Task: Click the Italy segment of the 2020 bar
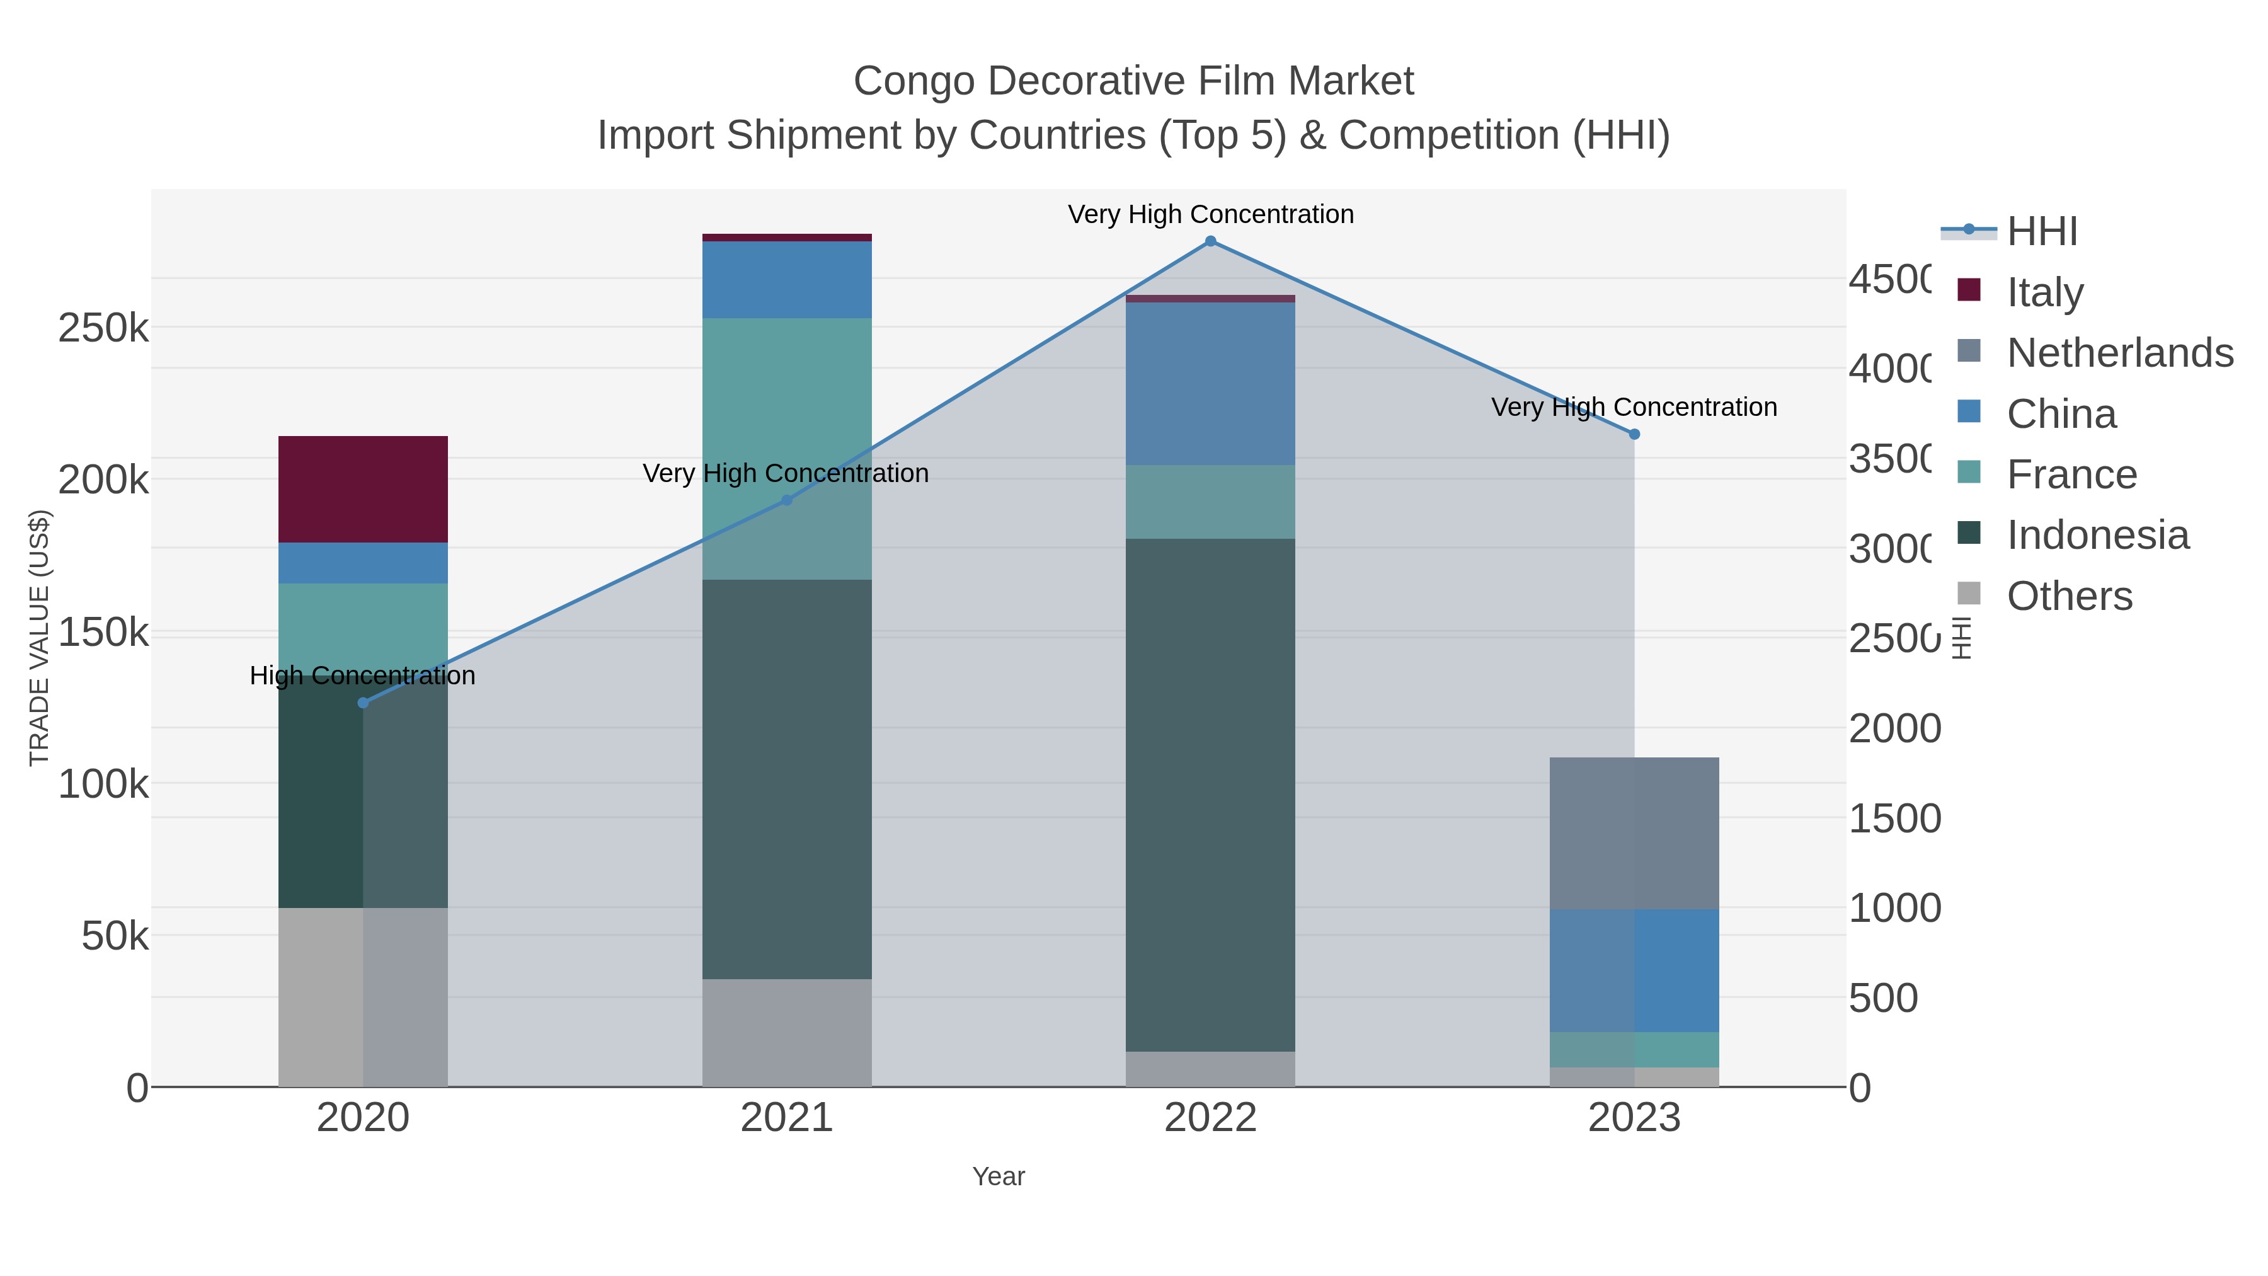(363, 489)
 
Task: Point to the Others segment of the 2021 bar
(786, 1032)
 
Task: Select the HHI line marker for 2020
(363, 703)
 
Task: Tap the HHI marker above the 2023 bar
(1634, 434)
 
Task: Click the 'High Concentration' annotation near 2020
(363, 675)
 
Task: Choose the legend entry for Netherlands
(2119, 353)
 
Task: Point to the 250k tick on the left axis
(103, 328)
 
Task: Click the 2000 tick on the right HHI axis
(1894, 728)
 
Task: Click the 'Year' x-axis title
(999, 1176)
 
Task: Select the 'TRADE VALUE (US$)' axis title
(40, 638)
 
